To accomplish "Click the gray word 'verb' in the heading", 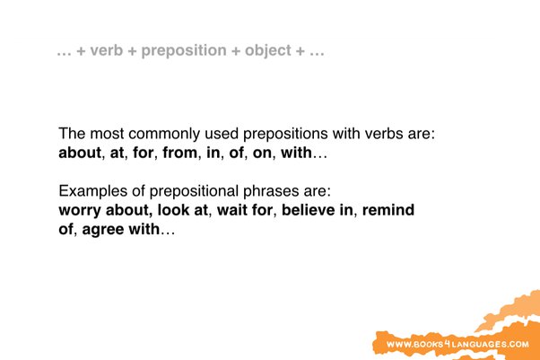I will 108,51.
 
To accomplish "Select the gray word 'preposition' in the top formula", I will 183,51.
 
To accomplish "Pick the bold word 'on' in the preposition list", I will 260,153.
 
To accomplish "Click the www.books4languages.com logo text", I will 457,345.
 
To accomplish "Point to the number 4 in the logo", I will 445,344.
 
